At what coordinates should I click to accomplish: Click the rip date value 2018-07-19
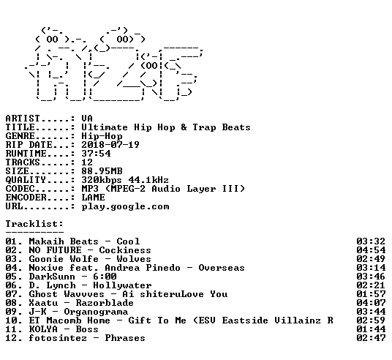(110, 145)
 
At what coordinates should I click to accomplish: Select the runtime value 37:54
(96, 154)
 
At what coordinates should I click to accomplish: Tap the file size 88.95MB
(102, 171)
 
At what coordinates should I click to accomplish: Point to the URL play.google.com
(125, 206)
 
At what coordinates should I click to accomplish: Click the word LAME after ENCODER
(93, 198)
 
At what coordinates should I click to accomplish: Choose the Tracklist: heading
(34, 224)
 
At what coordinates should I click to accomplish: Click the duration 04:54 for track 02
(371, 250)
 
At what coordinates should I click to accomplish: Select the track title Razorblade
(105, 303)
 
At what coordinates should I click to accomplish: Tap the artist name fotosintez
(58, 338)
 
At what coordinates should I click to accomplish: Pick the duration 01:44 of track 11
(371, 329)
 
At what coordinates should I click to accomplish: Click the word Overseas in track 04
(222, 268)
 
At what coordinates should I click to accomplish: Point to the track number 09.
(11, 312)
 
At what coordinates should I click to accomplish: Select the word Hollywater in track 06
(122, 285)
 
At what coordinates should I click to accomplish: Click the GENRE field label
(20, 136)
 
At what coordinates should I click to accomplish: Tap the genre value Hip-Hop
(102, 136)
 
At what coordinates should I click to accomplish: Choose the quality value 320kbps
(102, 180)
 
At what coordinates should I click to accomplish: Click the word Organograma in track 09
(96, 312)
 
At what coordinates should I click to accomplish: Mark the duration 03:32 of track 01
(371, 241)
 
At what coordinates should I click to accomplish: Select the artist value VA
(87, 119)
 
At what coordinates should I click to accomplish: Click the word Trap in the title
(204, 127)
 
